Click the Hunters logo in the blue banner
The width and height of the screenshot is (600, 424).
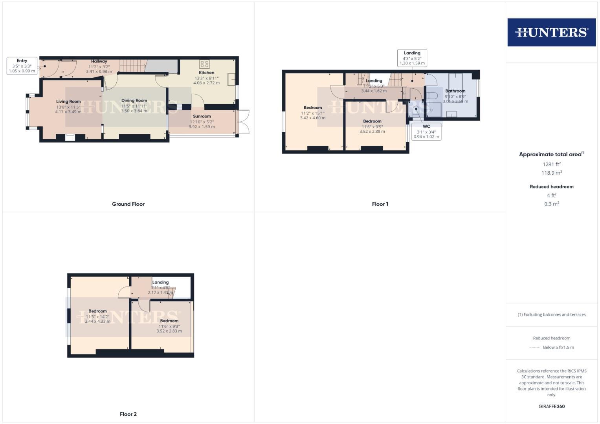[x=551, y=32]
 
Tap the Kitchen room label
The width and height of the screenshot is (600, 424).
[x=206, y=73]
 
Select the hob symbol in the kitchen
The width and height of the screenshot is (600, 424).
[x=204, y=64]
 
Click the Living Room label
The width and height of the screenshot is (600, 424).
[x=68, y=101]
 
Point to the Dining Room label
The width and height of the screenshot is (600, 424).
[x=134, y=101]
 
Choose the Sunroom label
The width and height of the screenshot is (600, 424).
[x=202, y=116]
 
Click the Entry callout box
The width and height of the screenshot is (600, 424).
[x=22, y=66]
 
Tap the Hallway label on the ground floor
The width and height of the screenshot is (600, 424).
[x=99, y=61]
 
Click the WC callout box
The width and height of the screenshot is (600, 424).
[x=426, y=132]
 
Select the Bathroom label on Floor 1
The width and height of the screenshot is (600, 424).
[x=455, y=91]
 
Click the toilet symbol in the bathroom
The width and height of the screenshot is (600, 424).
[x=432, y=95]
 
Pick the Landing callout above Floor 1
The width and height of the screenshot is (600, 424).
[x=412, y=58]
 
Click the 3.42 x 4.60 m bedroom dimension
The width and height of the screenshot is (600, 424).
[x=313, y=118]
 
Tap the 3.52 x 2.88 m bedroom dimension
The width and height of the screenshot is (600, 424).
[x=372, y=132]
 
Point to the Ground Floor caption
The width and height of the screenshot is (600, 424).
[x=128, y=204]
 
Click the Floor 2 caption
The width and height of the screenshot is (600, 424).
[x=128, y=414]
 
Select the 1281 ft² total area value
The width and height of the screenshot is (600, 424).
[x=551, y=164]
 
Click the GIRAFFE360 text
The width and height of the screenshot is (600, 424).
[x=551, y=406]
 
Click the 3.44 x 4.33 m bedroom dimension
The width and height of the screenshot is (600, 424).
[x=97, y=321]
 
